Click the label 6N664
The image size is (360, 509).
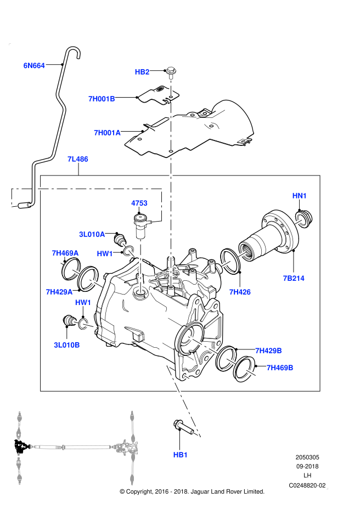point(34,66)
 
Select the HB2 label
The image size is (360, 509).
point(142,72)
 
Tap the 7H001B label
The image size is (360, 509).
point(102,99)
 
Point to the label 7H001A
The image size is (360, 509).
point(107,133)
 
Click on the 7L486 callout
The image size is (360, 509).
point(78,159)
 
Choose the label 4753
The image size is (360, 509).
point(139,203)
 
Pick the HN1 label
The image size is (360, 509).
point(300,196)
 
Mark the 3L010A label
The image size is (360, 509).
point(92,234)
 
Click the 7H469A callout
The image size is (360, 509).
point(65,253)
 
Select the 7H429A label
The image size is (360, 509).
point(59,292)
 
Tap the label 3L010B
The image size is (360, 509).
point(67,345)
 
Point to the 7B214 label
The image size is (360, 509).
point(294,278)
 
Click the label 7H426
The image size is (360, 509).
point(240,292)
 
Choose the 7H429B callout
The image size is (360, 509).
point(268,350)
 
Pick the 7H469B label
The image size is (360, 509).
point(280,367)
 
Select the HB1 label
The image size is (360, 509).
point(181,455)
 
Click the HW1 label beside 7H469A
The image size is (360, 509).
point(105,253)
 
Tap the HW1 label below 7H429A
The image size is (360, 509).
point(83,302)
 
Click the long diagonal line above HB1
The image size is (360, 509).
point(183,401)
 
